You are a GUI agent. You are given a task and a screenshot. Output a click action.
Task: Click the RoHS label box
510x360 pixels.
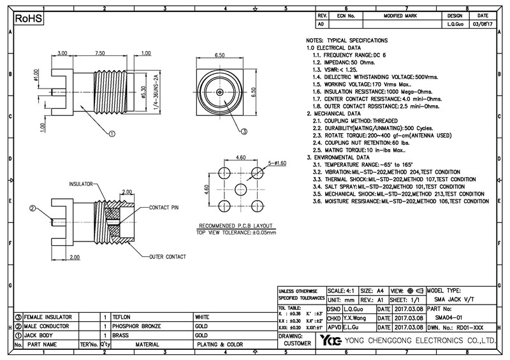[x=28, y=19]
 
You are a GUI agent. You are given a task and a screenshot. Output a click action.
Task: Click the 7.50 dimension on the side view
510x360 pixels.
[x=99, y=53]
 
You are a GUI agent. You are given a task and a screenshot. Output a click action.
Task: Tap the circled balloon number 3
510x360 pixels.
[x=244, y=132]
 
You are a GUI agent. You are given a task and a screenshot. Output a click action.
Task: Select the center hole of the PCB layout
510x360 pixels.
[x=240, y=189]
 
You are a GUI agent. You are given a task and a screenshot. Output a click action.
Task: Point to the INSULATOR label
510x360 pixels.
[x=81, y=184]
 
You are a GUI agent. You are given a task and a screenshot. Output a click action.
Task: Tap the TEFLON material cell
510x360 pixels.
[x=121, y=317]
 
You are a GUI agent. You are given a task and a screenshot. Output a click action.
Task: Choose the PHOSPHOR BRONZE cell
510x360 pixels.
[x=134, y=326]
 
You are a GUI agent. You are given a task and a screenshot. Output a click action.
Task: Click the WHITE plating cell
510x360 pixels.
[x=202, y=317]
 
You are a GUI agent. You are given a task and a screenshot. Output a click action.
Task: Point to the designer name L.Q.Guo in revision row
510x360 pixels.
[x=455, y=24]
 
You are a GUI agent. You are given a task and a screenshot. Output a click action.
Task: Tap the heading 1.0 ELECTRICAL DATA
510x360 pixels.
[x=333, y=48]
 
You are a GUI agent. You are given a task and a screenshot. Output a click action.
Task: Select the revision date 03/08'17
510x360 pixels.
[x=483, y=24]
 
